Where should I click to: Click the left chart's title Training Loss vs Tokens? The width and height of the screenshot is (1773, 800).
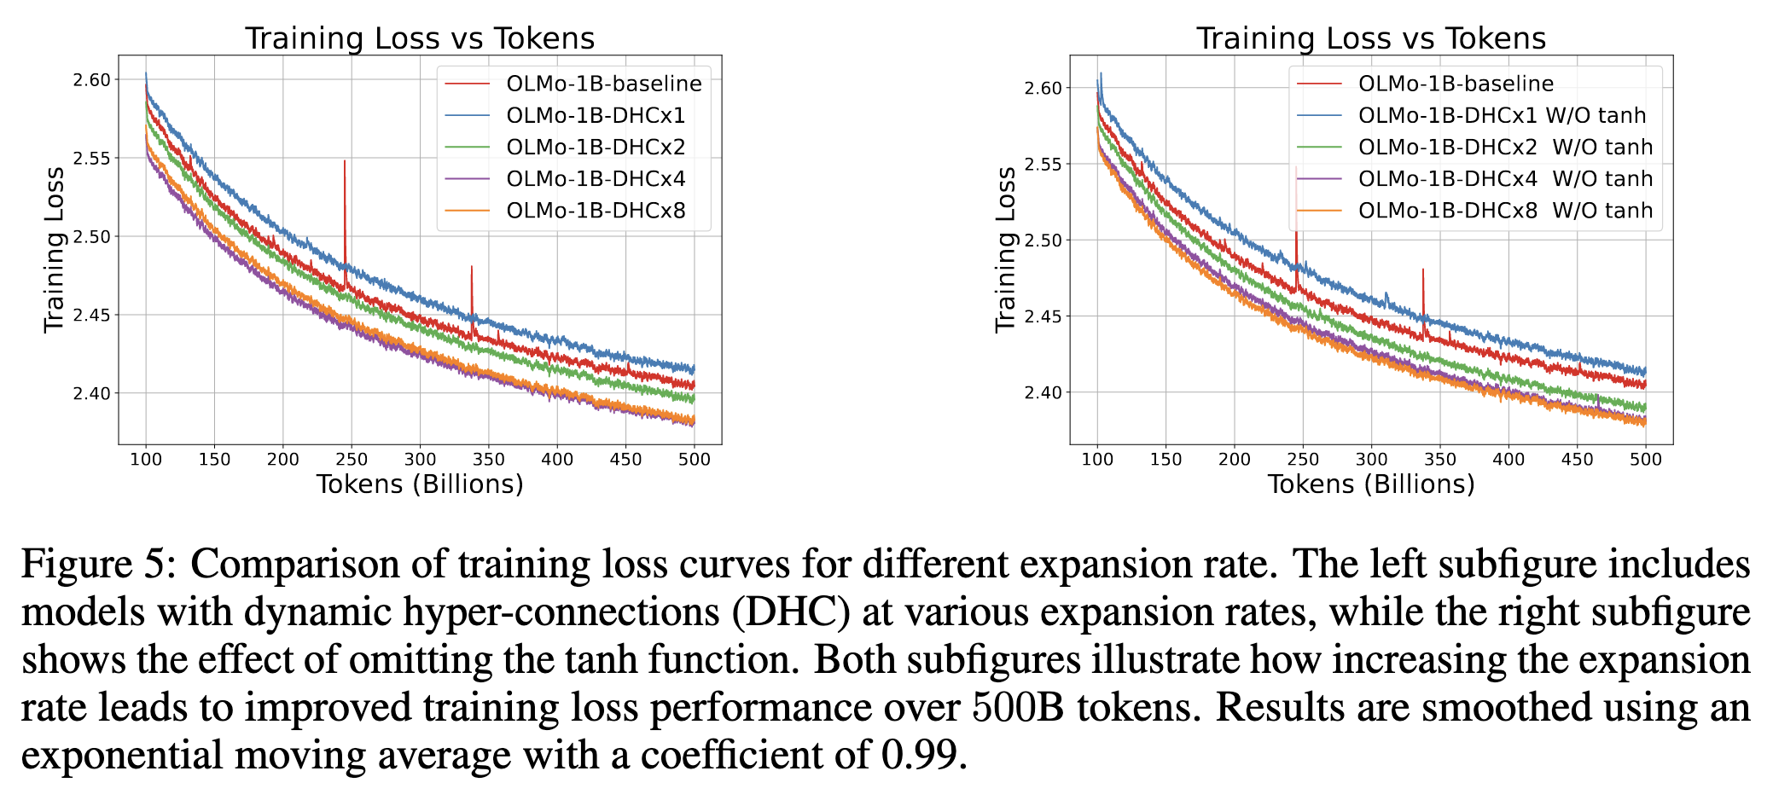coord(419,38)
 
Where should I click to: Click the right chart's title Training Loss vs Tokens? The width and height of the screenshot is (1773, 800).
coord(1370,38)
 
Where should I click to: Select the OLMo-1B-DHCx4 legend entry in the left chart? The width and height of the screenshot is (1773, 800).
coord(596,178)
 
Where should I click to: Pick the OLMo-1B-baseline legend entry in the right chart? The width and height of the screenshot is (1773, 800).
coord(1456,84)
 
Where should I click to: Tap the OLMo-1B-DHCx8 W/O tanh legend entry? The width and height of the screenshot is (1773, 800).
coord(1505,211)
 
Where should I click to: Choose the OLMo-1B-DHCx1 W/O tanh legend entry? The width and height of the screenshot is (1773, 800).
coord(1502,115)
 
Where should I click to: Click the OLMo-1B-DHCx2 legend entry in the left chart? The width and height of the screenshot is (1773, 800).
coord(596,147)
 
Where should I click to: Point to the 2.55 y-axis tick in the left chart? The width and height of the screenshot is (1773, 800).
coord(92,159)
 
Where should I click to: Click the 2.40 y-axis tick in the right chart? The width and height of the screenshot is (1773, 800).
coord(1043,393)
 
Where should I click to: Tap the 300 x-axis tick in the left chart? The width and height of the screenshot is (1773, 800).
coord(420,459)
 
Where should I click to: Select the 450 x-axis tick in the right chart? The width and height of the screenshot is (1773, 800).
coord(1577,459)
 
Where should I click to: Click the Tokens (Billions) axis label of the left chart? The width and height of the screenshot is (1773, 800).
coord(420,484)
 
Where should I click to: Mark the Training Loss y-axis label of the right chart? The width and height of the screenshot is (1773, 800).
coord(1006,249)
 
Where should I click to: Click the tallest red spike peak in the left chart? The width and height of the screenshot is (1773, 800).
coord(345,161)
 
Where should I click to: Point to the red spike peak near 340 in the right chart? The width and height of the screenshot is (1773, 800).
coord(1423,270)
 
